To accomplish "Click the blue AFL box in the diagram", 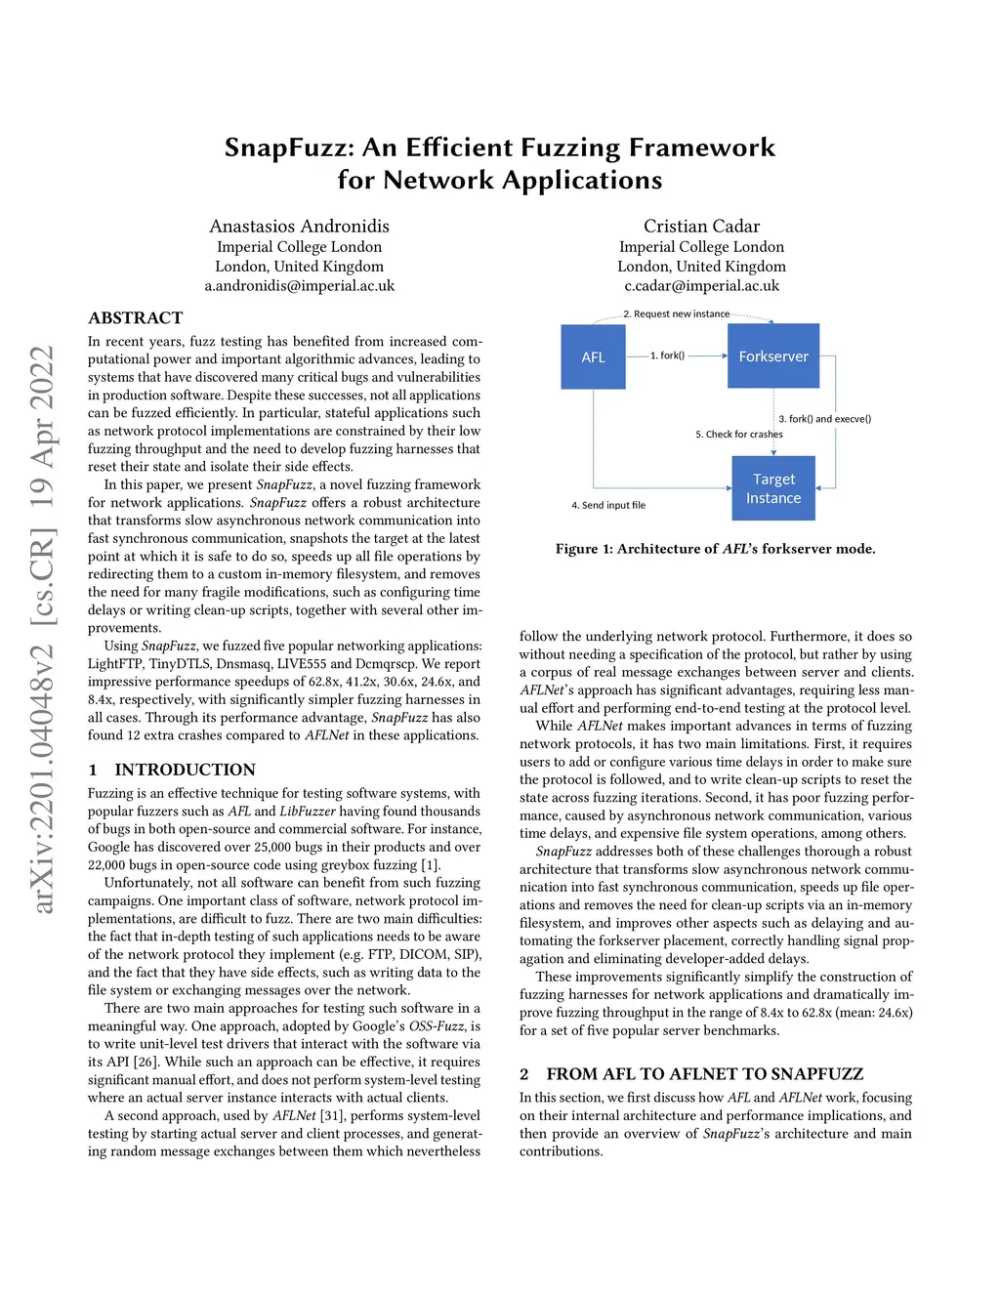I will [593, 356].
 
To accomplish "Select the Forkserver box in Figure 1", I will [773, 356].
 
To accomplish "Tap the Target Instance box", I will [773, 488].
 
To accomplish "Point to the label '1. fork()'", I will [667, 355].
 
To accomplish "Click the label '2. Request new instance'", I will [676, 313].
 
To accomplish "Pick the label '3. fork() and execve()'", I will [824, 419].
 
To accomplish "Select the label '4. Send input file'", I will [607, 505].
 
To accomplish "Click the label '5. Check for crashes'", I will [738, 434].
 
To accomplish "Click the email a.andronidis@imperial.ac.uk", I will [299, 286].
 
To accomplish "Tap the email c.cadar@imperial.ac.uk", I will [701, 286].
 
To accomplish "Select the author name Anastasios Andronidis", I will [299, 227].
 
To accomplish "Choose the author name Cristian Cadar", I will [701, 227].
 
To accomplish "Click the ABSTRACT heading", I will [135, 318].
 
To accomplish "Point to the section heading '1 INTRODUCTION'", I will [172, 770].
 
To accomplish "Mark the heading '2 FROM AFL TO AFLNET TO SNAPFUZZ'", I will [691, 1074].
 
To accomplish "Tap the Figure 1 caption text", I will [715, 549].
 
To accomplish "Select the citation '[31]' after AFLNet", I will [333, 1115].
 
